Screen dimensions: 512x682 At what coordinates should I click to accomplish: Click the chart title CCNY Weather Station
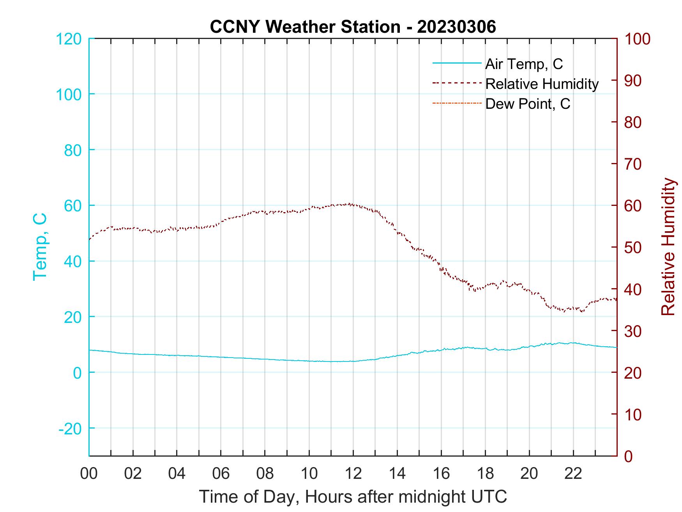[353, 27]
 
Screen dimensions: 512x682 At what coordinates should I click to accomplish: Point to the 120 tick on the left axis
[69, 39]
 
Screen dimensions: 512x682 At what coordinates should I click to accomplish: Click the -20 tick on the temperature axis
[70, 429]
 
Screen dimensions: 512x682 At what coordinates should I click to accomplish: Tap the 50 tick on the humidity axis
[633, 248]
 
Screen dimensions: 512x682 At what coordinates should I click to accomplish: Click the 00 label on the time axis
[89, 474]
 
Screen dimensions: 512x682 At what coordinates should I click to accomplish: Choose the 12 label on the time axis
[353, 474]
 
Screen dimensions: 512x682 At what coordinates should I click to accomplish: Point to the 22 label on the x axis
[573, 474]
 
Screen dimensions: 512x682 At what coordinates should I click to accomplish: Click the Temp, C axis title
[40, 246]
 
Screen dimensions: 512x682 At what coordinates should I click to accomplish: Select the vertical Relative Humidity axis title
[668, 246]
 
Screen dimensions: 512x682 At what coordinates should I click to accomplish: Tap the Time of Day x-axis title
[353, 497]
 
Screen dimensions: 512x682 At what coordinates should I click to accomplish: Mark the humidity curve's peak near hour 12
[350, 204]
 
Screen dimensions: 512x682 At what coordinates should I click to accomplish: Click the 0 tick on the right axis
[629, 456]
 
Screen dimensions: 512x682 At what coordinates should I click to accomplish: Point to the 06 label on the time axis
[221, 474]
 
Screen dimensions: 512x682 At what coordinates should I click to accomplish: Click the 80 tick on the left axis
[72, 150]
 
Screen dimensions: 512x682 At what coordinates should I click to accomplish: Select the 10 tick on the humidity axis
[633, 415]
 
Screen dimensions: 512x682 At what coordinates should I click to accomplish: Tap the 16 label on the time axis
[441, 474]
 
